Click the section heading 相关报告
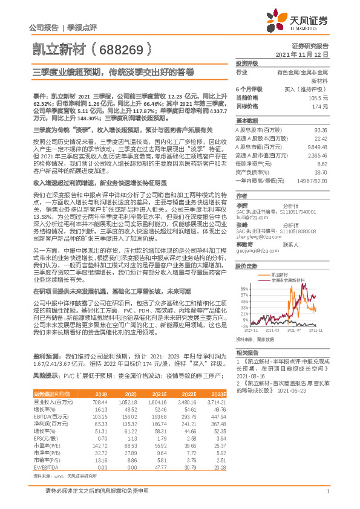(247, 352)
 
